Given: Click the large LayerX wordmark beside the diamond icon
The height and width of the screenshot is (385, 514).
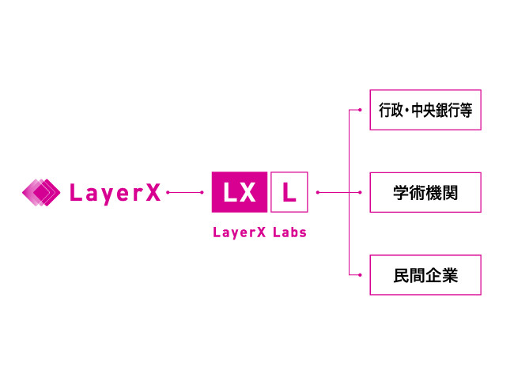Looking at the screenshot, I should point(115,193).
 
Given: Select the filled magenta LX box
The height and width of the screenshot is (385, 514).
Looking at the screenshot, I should point(240,192).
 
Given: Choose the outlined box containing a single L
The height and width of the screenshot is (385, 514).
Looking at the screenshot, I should point(289,192).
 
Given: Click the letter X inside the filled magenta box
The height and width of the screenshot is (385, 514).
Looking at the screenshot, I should point(248,192).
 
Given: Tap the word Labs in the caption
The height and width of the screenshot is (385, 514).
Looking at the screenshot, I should point(288,233).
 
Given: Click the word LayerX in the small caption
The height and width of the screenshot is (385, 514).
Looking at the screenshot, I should point(239,233).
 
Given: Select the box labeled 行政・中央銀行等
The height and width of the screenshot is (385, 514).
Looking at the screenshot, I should point(425,109).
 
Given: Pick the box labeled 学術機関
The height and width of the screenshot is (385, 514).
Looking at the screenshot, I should point(425,192).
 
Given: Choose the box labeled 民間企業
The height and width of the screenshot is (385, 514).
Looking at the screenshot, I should point(425,275).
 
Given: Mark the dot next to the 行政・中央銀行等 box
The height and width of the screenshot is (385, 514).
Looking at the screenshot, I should point(360,109).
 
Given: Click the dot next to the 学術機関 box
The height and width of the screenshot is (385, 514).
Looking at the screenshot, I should point(360,192).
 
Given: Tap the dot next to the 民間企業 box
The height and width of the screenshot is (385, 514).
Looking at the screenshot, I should point(360,275).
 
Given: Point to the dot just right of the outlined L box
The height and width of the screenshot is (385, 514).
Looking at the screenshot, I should point(318,192).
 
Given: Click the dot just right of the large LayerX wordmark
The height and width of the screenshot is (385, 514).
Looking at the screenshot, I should point(168,192).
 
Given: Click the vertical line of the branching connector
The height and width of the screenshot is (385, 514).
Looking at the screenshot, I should point(349,150).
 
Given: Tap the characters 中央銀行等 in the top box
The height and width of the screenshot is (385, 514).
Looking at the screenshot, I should point(439,109).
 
